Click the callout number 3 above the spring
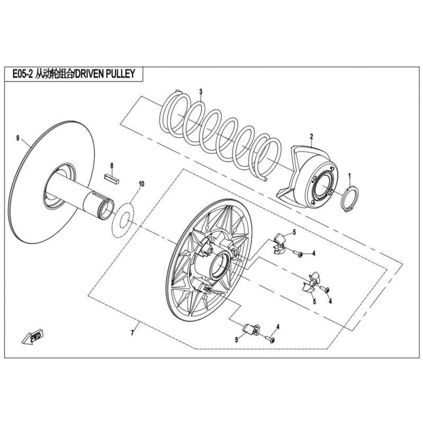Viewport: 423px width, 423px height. tap(200, 91)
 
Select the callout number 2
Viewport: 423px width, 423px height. tap(311, 136)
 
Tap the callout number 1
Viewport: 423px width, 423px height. tap(350, 177)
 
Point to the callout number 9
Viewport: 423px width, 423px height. tap(18, 139)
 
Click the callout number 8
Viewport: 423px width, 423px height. tap(112, 165)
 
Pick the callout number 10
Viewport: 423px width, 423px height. tap(141, 184)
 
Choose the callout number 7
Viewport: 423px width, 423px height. tap(132, 334)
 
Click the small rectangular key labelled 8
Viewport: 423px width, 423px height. tap(111, 179)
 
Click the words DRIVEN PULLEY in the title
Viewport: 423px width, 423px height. tap(104, 73)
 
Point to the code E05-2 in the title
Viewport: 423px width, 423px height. tap(20, 74)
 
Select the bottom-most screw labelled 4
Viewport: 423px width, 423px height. tap(270, 339)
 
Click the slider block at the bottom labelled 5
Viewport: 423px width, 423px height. tap(251, 329)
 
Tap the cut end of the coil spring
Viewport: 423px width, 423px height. tap(266, 179)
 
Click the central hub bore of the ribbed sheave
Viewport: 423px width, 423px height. tap(220, 263)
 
